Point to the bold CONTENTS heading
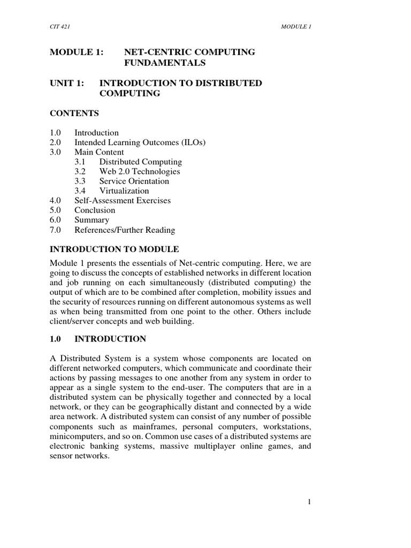74,113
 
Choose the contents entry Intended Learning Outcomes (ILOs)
140,142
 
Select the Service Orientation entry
134,181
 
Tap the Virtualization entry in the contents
124,191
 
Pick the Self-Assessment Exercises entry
123,201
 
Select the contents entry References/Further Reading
125,230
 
